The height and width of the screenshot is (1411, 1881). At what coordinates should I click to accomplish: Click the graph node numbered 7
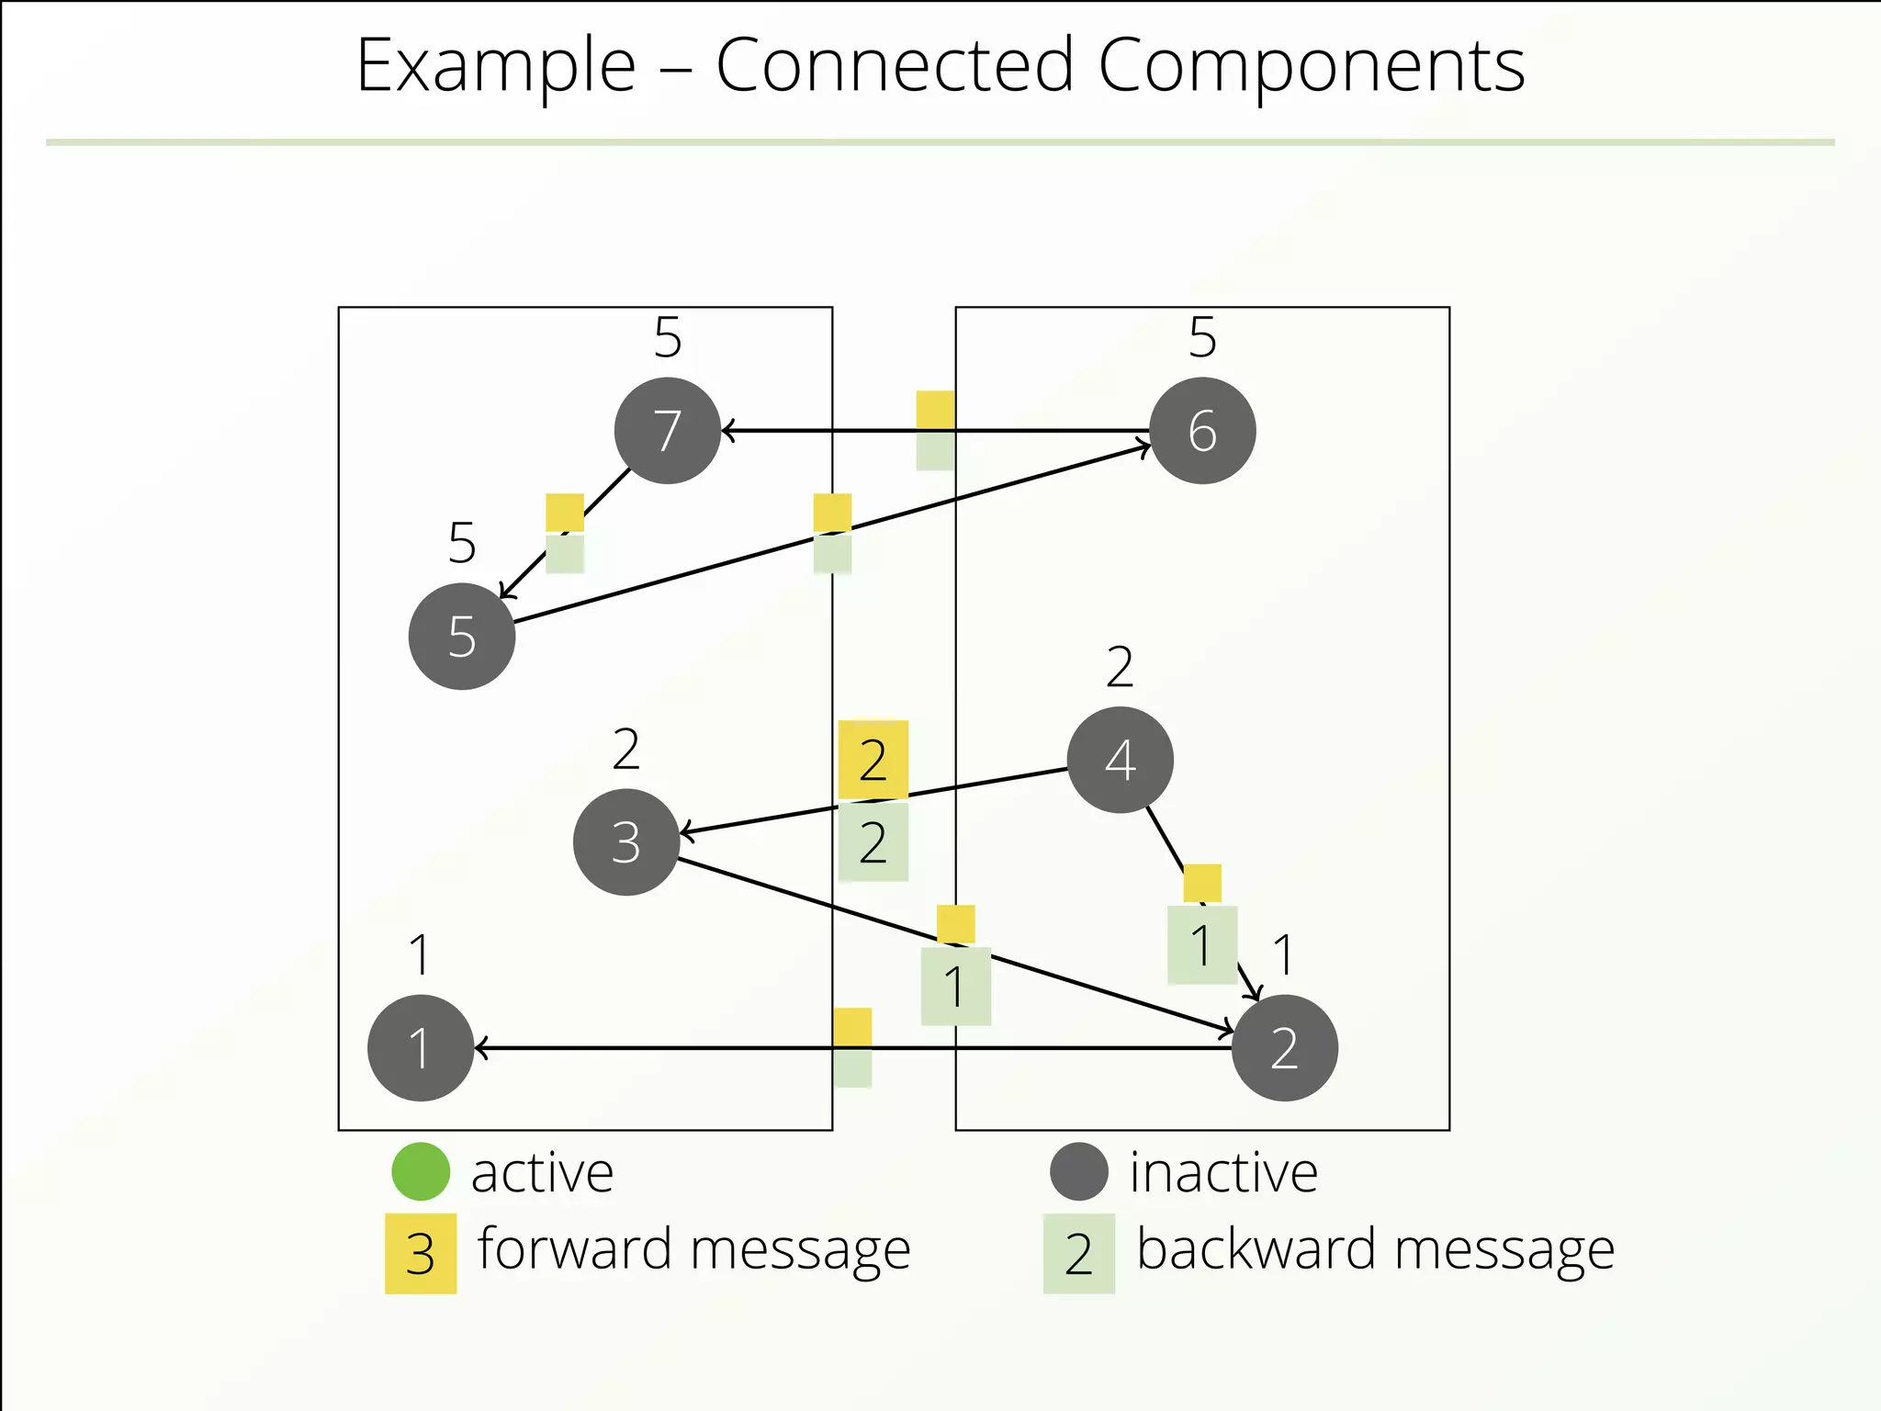point(668,431)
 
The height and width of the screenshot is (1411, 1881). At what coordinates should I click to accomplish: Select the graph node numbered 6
point(1202,431)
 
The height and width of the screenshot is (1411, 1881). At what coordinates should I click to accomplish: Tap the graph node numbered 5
point(462,637)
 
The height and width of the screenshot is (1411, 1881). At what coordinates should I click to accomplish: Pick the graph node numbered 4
point(1120,760)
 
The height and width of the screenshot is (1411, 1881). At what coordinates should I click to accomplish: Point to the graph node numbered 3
point(626,841)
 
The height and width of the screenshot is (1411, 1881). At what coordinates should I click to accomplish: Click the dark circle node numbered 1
point(421,1048)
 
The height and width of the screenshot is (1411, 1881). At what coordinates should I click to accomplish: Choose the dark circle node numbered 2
point(1284,1048)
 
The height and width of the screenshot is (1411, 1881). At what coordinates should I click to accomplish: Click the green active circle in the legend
point(421,1171)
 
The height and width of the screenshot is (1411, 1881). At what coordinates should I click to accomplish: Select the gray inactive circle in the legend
point(1078,1171)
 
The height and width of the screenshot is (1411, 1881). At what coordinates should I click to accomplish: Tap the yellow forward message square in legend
point(421,1254)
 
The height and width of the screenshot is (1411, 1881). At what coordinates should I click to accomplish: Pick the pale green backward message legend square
point(1078,1254)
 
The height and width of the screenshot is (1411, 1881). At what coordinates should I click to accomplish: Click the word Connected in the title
point(895,66)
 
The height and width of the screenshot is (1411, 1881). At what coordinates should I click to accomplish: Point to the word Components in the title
point(1311,66)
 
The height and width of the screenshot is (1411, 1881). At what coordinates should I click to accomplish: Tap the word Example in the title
point(496,66)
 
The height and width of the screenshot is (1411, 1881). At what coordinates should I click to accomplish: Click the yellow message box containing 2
point(873,760)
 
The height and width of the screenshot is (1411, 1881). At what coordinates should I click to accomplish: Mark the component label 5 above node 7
point(668,337)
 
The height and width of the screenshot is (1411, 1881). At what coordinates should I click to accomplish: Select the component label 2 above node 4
point(1120,667)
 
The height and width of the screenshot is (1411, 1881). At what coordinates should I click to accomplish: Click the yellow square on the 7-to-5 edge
point(565,513)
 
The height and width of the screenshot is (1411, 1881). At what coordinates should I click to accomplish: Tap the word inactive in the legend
point(1223,1172)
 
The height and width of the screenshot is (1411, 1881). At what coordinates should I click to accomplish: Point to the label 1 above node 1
point(420,954)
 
